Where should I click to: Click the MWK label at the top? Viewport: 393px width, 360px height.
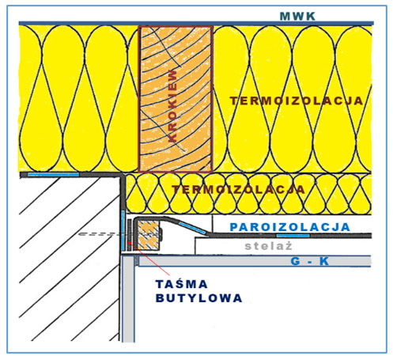pos(297,17)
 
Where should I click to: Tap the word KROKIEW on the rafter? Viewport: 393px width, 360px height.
pos(172,106)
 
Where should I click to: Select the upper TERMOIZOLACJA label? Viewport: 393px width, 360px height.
pos(297,101)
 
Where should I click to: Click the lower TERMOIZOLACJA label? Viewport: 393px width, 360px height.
pos(238,189)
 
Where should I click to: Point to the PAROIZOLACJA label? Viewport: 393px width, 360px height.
pos(290,227)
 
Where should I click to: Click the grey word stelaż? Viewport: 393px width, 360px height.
pos(268,246)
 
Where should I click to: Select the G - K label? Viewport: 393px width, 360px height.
pos(310,261)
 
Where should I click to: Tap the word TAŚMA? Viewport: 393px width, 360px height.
pos(182,284)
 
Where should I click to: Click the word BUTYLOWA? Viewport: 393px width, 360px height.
pos(199,298)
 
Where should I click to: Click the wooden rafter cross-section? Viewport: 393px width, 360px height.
pos(176,99)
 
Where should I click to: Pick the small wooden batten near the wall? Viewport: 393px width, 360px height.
pos(149,235)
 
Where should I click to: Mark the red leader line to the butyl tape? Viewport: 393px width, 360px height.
pos(149,258)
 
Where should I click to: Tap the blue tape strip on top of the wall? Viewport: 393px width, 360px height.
pos(54,175)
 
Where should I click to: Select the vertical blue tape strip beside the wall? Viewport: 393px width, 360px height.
pos(123,230)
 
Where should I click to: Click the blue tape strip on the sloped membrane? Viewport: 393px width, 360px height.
pos(192,228)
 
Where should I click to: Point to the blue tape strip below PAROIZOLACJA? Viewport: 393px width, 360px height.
pos(293,236)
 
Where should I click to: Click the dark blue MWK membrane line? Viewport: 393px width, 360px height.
pos(196,24)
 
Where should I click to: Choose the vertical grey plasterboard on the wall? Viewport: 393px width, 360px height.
pos(129,299)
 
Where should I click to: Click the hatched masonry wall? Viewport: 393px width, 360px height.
pos(69,260)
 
